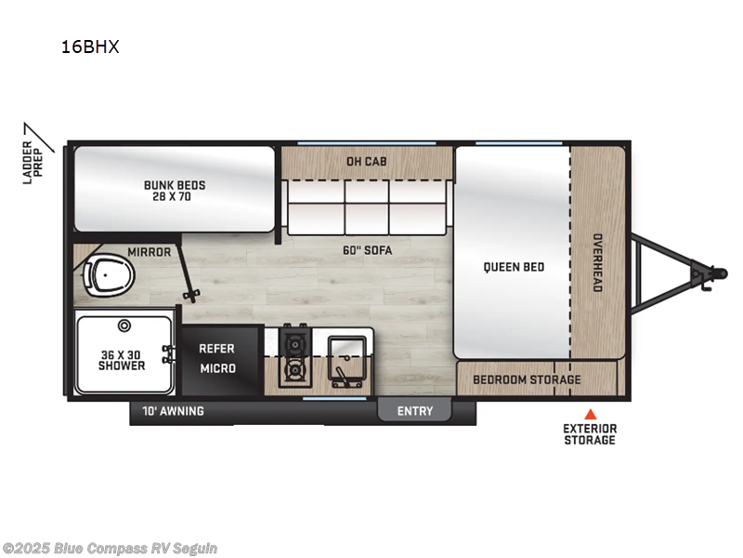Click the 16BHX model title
[x=89, y=47]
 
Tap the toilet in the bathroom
[x=107, y=274]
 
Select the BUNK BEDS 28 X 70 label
[x=175, y=191]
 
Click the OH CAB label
[x=366, y=162]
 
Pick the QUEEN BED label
[x=514, y=268]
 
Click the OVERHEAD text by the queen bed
[x=597, y=262]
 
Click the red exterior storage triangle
[x=589, y=415]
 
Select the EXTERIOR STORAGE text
[x=589, y=434]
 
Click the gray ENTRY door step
[x=414, y=410]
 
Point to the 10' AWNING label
[x=173, y=411]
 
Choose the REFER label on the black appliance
[x=216, y=349]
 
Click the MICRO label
[x=216, y=368]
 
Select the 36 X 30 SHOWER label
[x=122, y=359]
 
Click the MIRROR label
[x=148, y=251]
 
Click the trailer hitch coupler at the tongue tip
[x=718, y=272]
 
